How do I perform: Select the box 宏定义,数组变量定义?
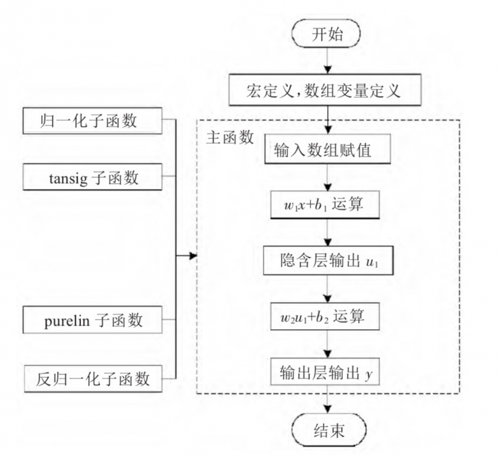327,90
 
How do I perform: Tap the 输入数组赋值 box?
327,150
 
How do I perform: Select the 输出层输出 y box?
327,372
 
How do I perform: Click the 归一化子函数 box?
92,122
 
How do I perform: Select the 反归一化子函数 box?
92,377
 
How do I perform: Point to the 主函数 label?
229,137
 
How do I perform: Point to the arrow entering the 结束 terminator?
327,403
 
